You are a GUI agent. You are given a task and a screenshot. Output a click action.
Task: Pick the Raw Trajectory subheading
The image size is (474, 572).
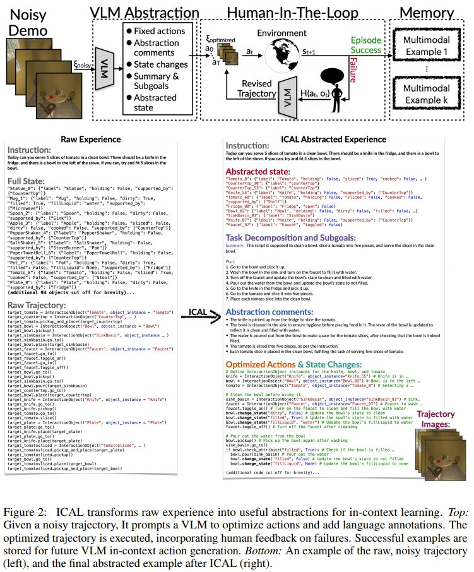40,305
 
